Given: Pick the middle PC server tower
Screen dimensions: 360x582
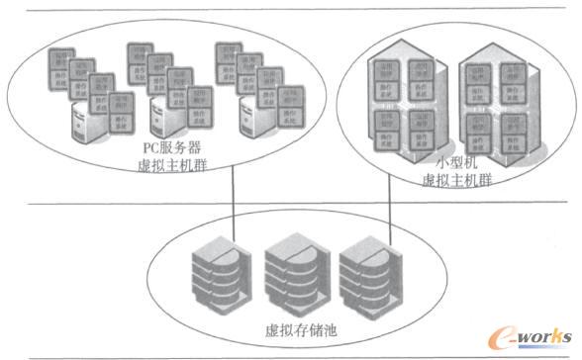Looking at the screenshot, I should click(x=164, y=119).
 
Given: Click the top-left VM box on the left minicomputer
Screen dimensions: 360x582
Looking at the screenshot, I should click(x=385, y=74).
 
